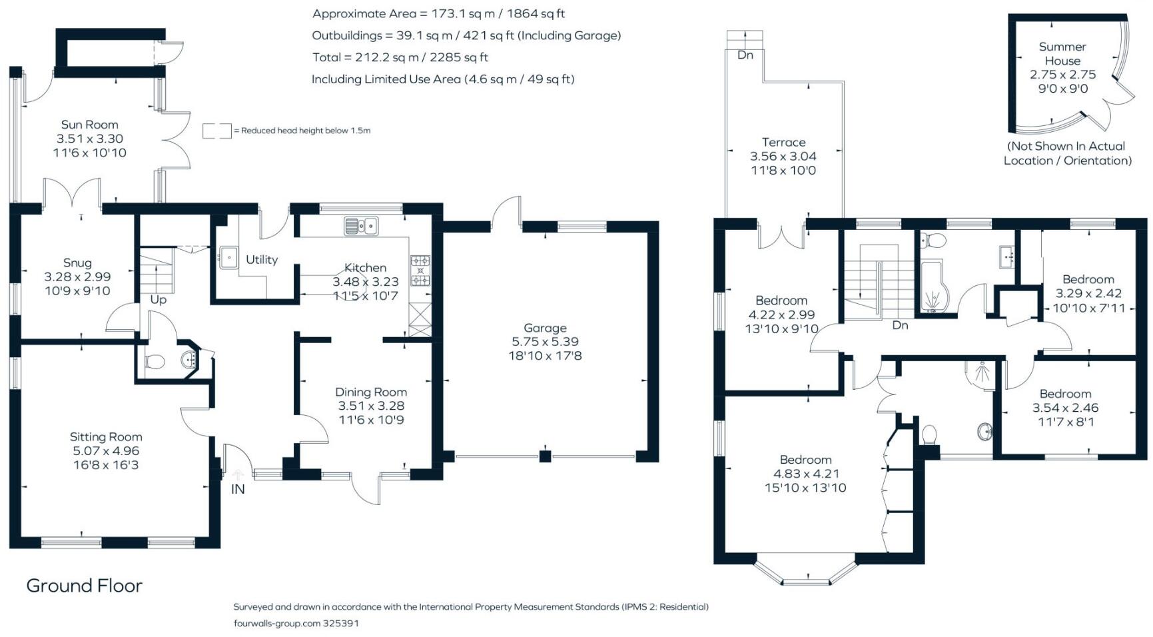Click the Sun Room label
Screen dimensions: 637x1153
89,125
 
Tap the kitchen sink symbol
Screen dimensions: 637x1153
360,226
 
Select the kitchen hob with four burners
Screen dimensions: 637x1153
420,271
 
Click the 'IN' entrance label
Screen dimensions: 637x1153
238,489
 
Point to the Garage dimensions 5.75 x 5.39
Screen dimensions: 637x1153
544,342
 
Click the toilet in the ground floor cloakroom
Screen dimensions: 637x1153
155,362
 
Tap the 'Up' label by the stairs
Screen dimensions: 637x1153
158,300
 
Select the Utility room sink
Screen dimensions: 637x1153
228,257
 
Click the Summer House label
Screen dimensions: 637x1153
1062,53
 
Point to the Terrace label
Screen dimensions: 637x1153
783,142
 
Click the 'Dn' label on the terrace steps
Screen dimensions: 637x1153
745,55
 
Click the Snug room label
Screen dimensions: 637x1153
77,263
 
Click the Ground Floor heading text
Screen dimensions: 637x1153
84,586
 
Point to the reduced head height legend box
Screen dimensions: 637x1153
216,131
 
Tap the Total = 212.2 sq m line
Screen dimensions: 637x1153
400,57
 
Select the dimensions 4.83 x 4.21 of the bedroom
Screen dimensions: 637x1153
805,474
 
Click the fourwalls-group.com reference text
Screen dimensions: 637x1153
296,624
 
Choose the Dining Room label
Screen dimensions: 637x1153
370,392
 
